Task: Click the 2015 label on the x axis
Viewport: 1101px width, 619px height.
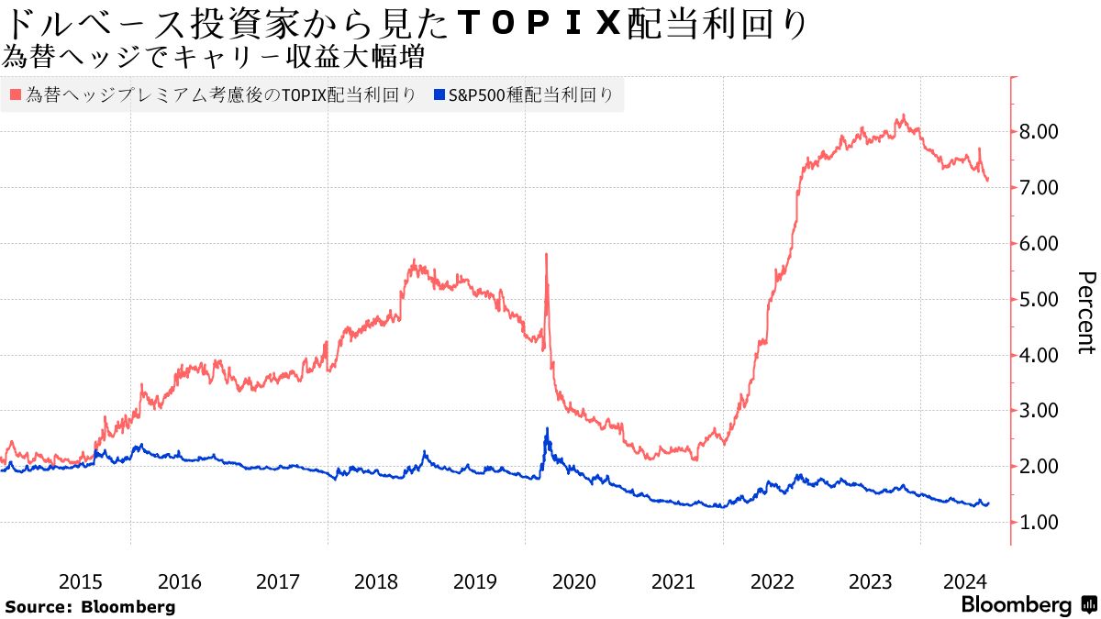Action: pyautogui.click(x=81, y=581)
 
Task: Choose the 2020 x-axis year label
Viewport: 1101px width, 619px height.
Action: pyautogui.click(x=574, y=581)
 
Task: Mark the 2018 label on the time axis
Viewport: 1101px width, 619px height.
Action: pyautogui.click(x=377, y=581)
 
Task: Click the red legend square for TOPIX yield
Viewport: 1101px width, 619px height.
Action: pyautogui.click(x=15, y=94)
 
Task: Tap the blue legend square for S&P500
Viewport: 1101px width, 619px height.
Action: pyautogui.click(x=439, y=94)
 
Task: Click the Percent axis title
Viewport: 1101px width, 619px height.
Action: pyautogui.click(x=1085, y=313)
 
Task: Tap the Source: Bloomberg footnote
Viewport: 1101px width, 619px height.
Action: pyautogui.click(x=90, y=606)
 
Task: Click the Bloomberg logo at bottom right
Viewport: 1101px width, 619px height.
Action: pyautogui.click(x=1027, y=605)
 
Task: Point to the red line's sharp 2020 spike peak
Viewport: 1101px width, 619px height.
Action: pyautogui.click(x=547, y=254)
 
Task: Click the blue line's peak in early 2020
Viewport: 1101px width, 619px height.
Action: pyautogui.click(x=548, y=428)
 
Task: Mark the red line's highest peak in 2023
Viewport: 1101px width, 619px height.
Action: pyautogui.click(x=904, y=116)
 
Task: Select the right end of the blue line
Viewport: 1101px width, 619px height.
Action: pyautogui.click(x=987, y=503)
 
